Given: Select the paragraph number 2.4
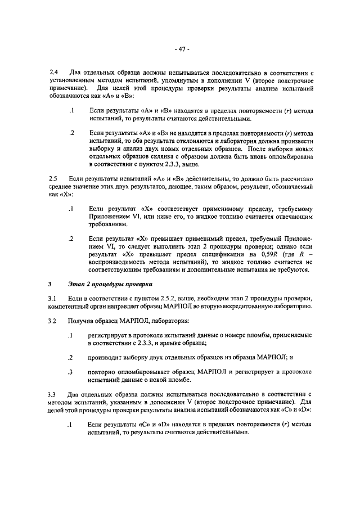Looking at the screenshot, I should (x=53, y=73).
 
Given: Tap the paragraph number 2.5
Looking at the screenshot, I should (x=53, y=178).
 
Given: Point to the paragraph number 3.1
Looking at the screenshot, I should (x=53, y=297).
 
